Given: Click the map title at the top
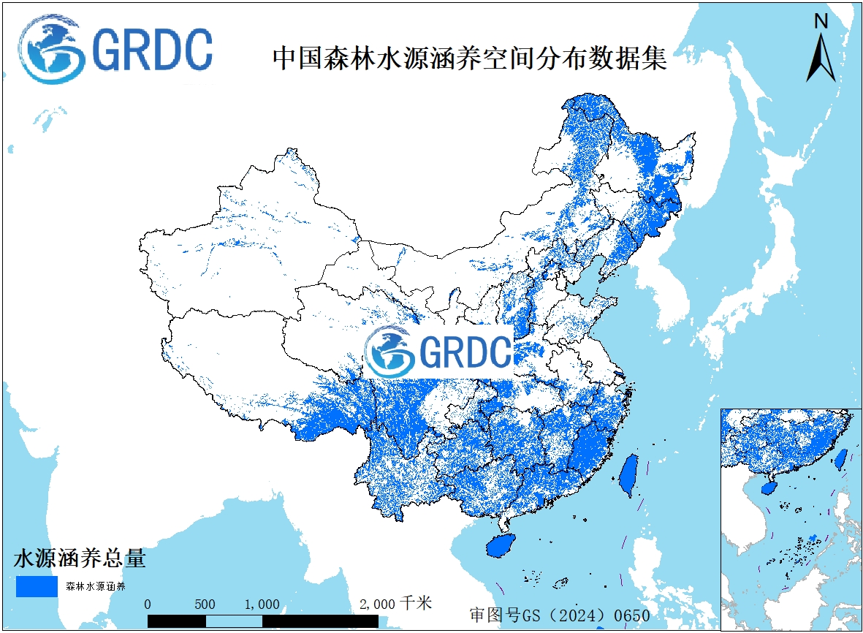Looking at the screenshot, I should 469,58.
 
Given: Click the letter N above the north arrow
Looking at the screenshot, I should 821,22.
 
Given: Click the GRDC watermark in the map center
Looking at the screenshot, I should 438,352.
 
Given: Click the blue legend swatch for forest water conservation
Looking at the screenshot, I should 37,586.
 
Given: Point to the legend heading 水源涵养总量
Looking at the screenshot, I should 80,559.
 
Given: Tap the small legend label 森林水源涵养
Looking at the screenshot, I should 96,586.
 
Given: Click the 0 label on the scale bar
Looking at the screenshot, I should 148,604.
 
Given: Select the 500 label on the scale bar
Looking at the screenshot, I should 205,604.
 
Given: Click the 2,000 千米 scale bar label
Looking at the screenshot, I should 395,604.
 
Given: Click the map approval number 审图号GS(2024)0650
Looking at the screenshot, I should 560,615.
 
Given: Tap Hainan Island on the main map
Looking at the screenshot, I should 500,545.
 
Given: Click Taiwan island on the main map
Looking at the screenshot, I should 628,475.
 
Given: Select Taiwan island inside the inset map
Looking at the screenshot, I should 840,458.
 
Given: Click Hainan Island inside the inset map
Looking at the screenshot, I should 768,488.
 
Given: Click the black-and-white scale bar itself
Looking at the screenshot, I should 263,621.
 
